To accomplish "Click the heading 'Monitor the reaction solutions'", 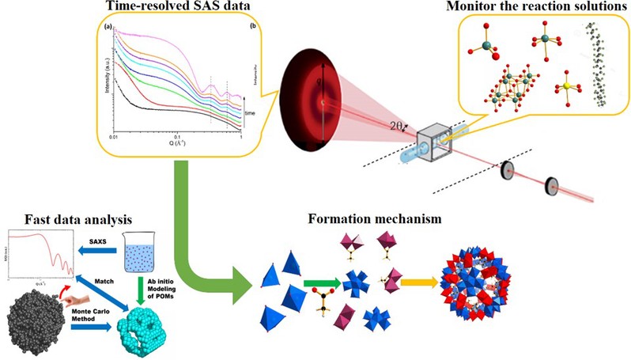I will [535, 8].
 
